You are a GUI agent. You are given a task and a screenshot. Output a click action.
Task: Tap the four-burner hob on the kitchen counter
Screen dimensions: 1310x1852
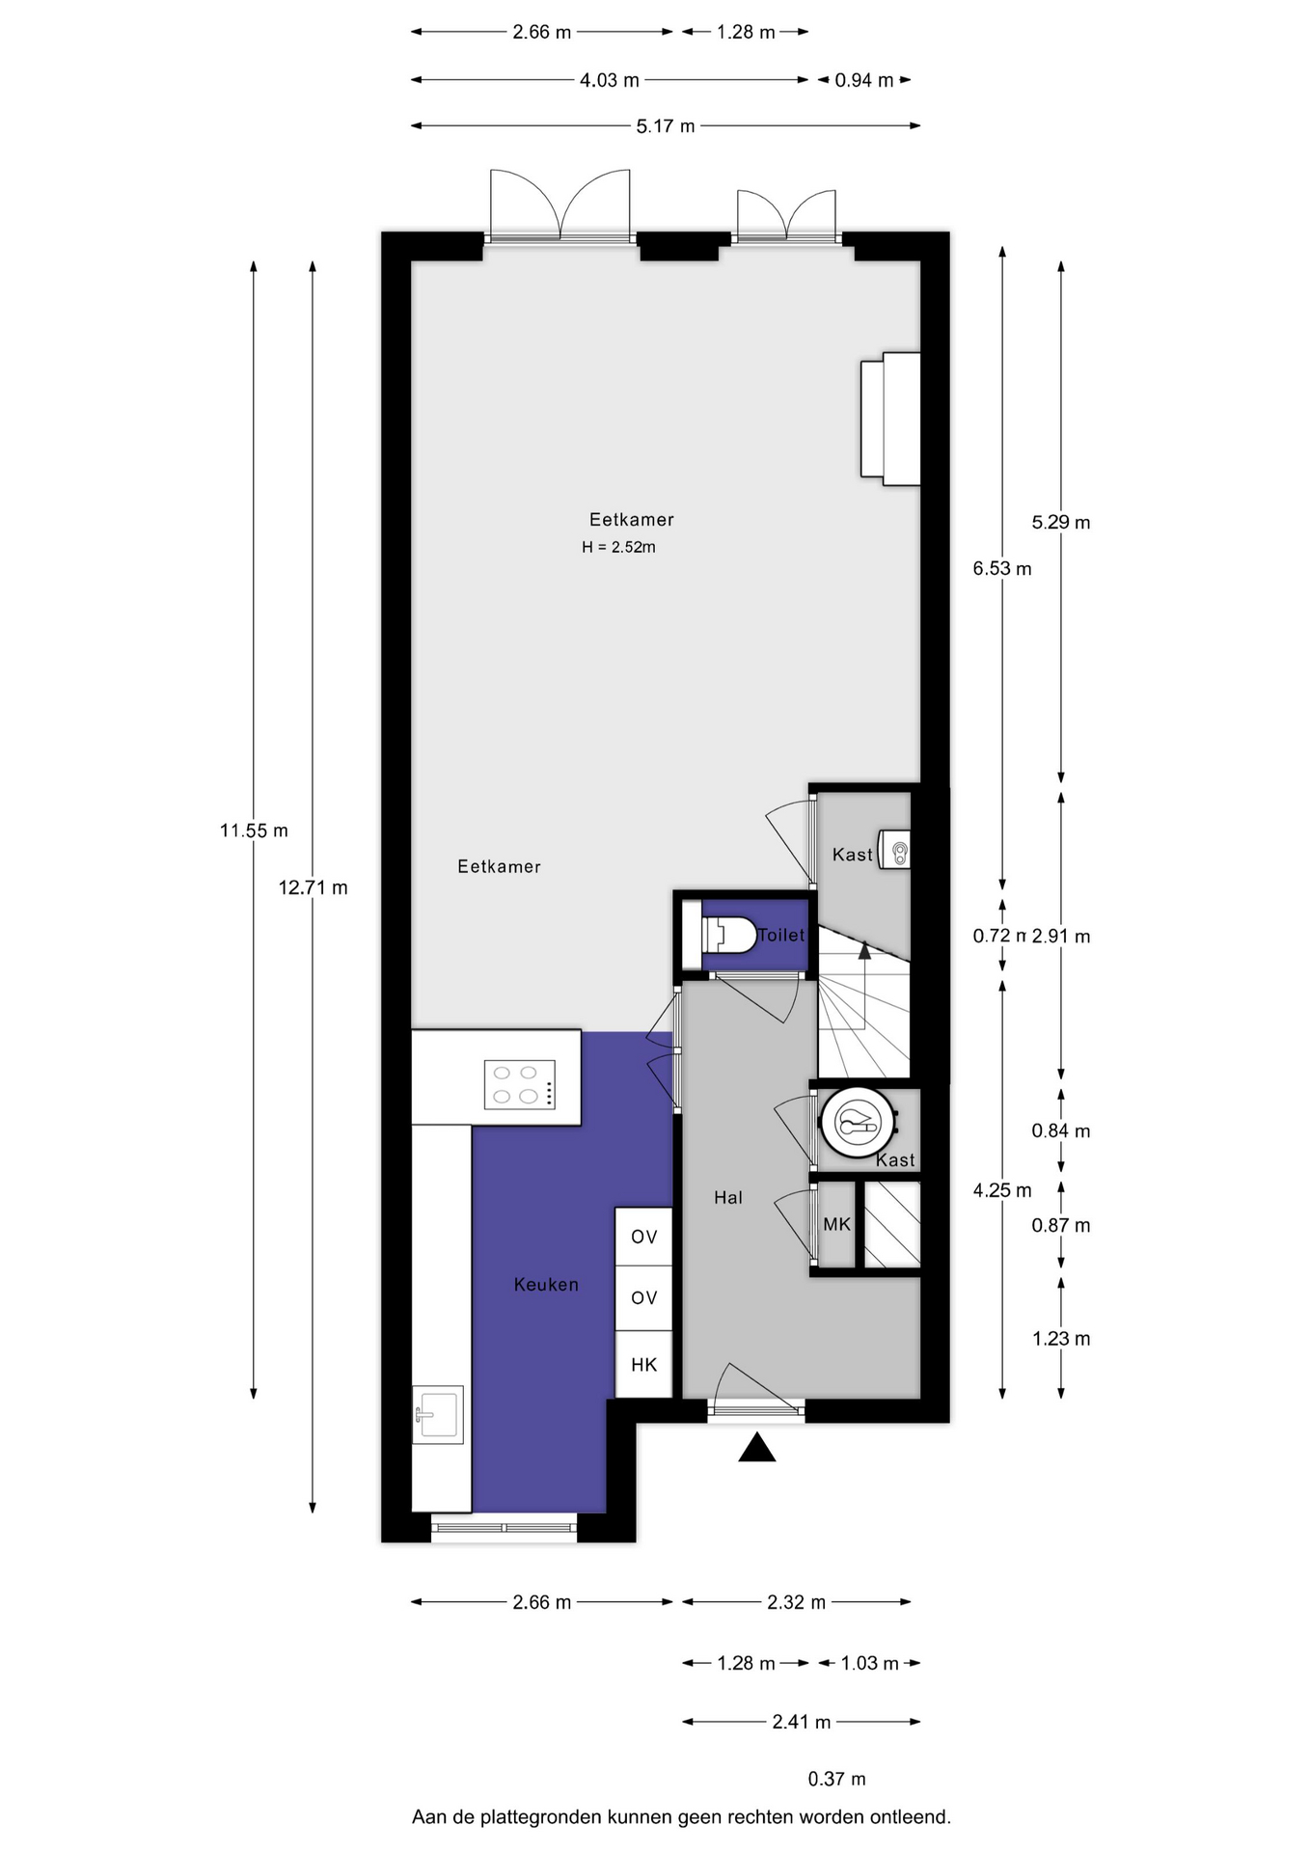tap(519, 1084)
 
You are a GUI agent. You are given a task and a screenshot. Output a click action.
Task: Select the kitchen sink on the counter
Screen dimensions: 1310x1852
tap(438, 1414)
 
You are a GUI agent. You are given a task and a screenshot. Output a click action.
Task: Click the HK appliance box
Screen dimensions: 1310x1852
tap(643, 1364)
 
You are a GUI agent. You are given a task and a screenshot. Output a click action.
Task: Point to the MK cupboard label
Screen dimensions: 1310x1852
tap(836, 1224)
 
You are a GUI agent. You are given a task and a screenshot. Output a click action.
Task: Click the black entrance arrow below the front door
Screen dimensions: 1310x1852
tap(757, 1447)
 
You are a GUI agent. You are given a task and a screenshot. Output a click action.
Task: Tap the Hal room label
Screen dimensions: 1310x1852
tap(728, 1198)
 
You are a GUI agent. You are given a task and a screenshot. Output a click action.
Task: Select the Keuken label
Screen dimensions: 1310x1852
tap(546, 1285)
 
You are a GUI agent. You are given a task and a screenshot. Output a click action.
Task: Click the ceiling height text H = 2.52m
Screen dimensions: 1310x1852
tap(618, 547)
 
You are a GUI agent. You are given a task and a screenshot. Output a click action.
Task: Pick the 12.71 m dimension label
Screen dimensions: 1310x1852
tap(314, 887)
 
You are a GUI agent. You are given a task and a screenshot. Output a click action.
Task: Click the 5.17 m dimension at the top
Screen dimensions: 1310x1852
tap(666, 125)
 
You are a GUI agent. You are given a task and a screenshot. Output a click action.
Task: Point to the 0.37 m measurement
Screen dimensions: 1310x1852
tap(836, 1779)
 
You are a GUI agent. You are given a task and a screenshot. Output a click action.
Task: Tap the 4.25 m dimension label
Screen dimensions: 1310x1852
tap(1002, 1190)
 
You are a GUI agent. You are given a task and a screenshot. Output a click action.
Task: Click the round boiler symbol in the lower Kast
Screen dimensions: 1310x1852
tap(858, 1122)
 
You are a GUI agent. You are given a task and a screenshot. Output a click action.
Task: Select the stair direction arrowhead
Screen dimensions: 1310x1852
tap(864, 950)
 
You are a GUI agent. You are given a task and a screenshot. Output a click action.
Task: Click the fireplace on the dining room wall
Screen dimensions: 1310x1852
tap(890, 419)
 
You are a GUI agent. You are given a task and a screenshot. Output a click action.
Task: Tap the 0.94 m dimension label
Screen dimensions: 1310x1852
tap(864, 80)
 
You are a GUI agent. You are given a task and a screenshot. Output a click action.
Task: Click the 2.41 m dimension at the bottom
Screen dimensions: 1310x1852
tap(801, 1722)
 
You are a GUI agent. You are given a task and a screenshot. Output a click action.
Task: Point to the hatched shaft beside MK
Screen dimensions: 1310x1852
tap(892, 1224)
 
